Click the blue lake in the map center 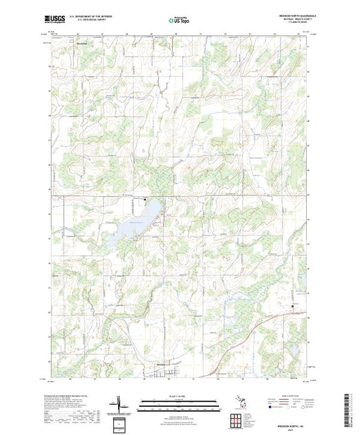pos(131,228)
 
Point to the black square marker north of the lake pos(145,200)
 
